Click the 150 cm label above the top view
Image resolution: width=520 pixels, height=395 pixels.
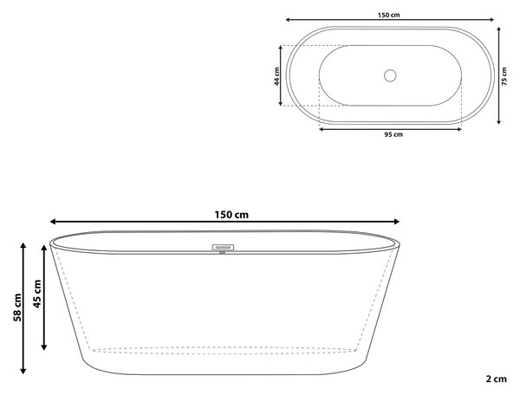(x=388, y=15)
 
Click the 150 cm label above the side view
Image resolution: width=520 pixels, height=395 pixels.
(x=231, y=215)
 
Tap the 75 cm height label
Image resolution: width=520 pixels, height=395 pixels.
(x=504, y=76)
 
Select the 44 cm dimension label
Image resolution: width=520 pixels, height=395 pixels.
(x=277, y=76)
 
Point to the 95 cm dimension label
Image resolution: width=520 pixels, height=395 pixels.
(x=393, y=134)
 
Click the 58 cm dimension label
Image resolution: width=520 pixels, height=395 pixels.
(x=17, y=308)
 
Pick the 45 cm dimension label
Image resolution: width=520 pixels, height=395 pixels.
(x=37, y=294)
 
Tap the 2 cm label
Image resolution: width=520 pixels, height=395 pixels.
(x=496, y=379)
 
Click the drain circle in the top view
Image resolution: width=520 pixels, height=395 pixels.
(x=390, y=75)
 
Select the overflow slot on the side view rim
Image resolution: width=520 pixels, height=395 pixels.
(x=223, y=247)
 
